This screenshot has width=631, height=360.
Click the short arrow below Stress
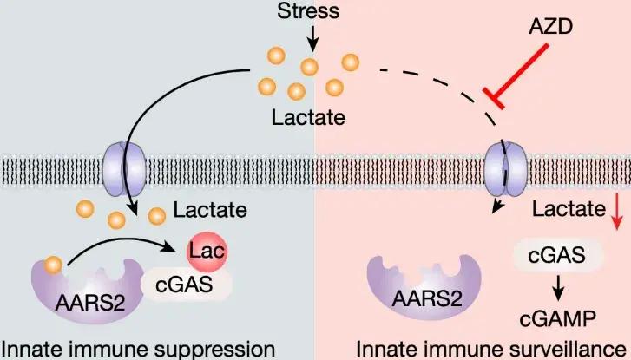313,36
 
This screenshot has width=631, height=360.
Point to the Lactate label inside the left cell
209,209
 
